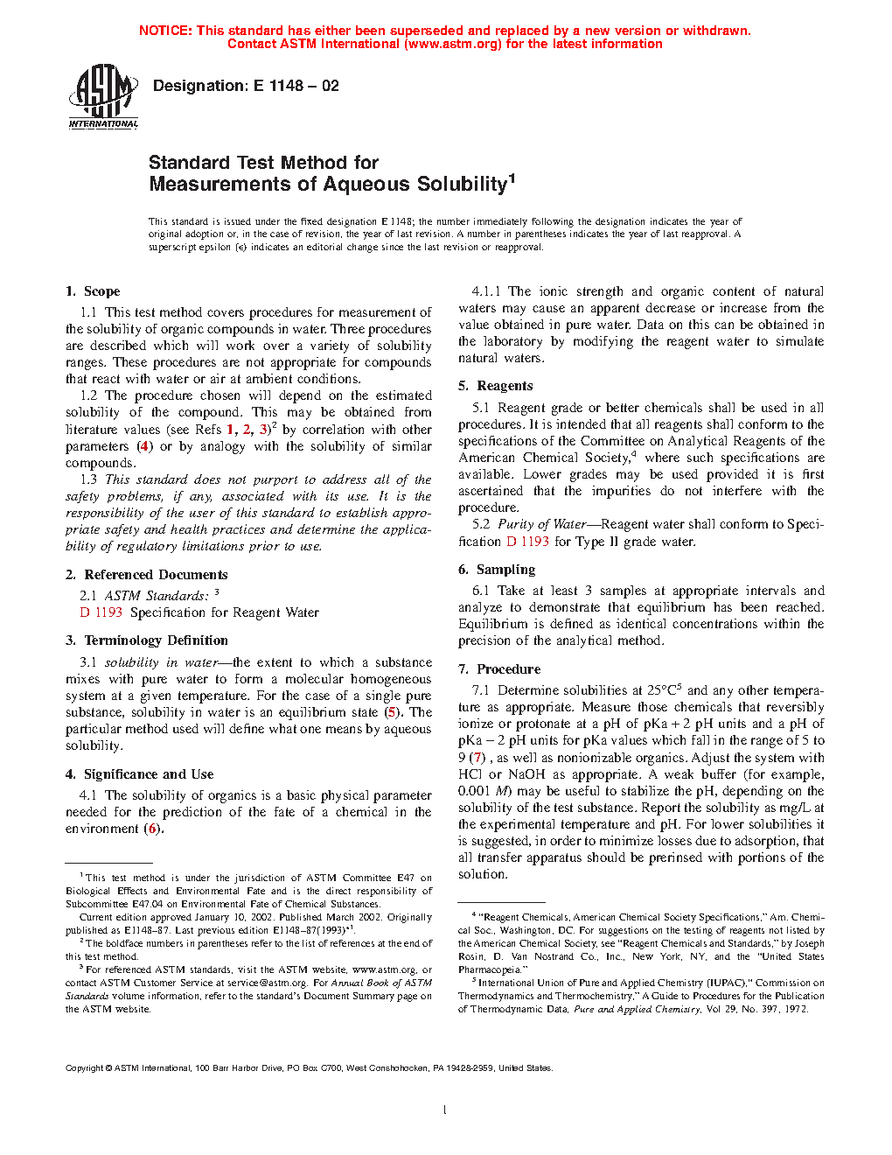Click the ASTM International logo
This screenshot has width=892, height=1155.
coord(103,97)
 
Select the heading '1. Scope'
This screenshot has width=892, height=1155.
coord(93,291)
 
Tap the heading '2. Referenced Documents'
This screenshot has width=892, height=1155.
coord(147,575)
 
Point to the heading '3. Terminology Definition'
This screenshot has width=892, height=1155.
coord(147,640)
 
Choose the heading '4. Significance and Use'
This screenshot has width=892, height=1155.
coord(140,774)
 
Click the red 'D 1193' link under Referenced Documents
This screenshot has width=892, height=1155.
coord(101,612)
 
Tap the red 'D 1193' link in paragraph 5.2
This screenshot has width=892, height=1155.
coord(528,542)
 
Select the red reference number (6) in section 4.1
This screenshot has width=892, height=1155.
coord(153,829)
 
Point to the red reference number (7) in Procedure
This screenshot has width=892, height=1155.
coord(477,758)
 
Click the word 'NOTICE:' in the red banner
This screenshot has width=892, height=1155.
coord(165,31)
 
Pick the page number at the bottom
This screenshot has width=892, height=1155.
coord(445,1110)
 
